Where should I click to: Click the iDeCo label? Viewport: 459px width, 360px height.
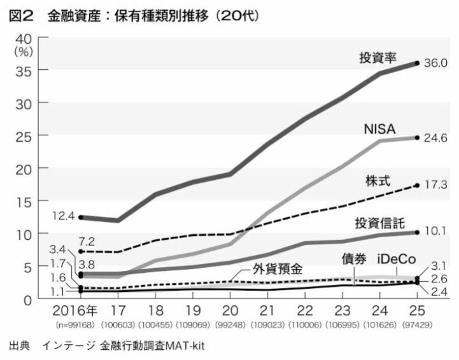pos(397,259)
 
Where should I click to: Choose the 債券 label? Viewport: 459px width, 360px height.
pos(354,259)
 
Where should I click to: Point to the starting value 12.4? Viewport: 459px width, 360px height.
pos(63,216)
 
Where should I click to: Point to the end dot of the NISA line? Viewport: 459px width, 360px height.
pos(417,138)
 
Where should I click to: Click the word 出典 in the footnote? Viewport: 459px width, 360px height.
pos(19,346)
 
